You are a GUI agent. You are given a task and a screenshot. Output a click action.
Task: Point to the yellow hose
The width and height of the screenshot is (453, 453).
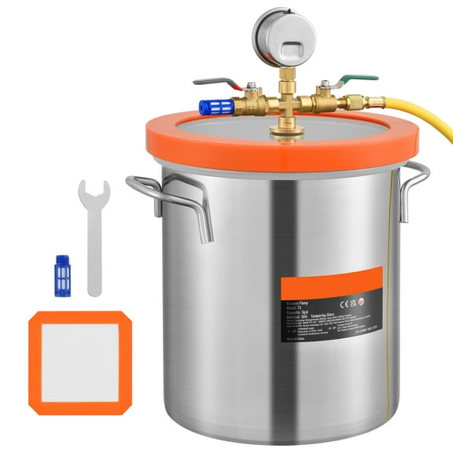tap(417, 118)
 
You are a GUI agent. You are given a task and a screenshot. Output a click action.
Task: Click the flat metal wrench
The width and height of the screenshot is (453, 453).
tap(94, 236)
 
